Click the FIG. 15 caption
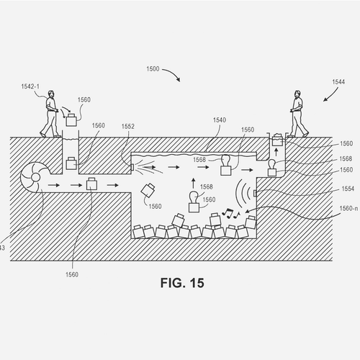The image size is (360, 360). coord(182,283)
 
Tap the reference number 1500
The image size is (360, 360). coord(153,69)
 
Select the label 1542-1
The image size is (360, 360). coord(30,86)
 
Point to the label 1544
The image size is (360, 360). coord(338,82)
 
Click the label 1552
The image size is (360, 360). coord(128,126)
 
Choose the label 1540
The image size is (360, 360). coord(220,120)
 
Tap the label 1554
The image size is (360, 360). coord(348,189)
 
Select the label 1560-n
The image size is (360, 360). coord(348,208)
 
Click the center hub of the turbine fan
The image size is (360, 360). coord(35,178)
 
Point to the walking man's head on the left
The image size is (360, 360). coord(51,94)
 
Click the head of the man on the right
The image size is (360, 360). coord(297,94)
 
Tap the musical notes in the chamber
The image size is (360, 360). coord(230,213)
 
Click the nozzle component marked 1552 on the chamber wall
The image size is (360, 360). coord(132,167)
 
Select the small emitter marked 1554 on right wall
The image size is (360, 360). coord(255,193)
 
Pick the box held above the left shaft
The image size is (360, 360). coord(71,120)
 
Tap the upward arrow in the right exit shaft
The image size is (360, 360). coord(276,152)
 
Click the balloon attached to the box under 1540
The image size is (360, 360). coord(225,159)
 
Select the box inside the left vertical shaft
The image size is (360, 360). coord(71,163)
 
